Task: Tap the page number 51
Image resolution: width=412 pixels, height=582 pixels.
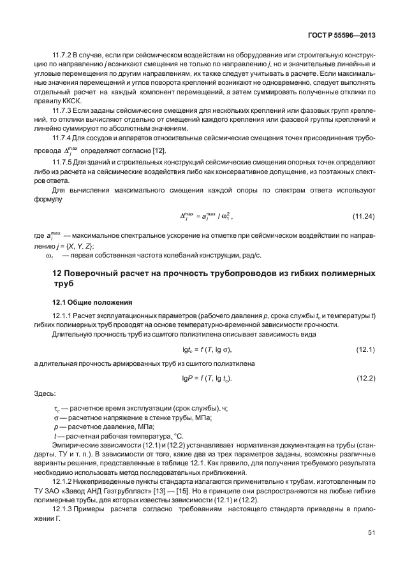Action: [371, 533]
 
